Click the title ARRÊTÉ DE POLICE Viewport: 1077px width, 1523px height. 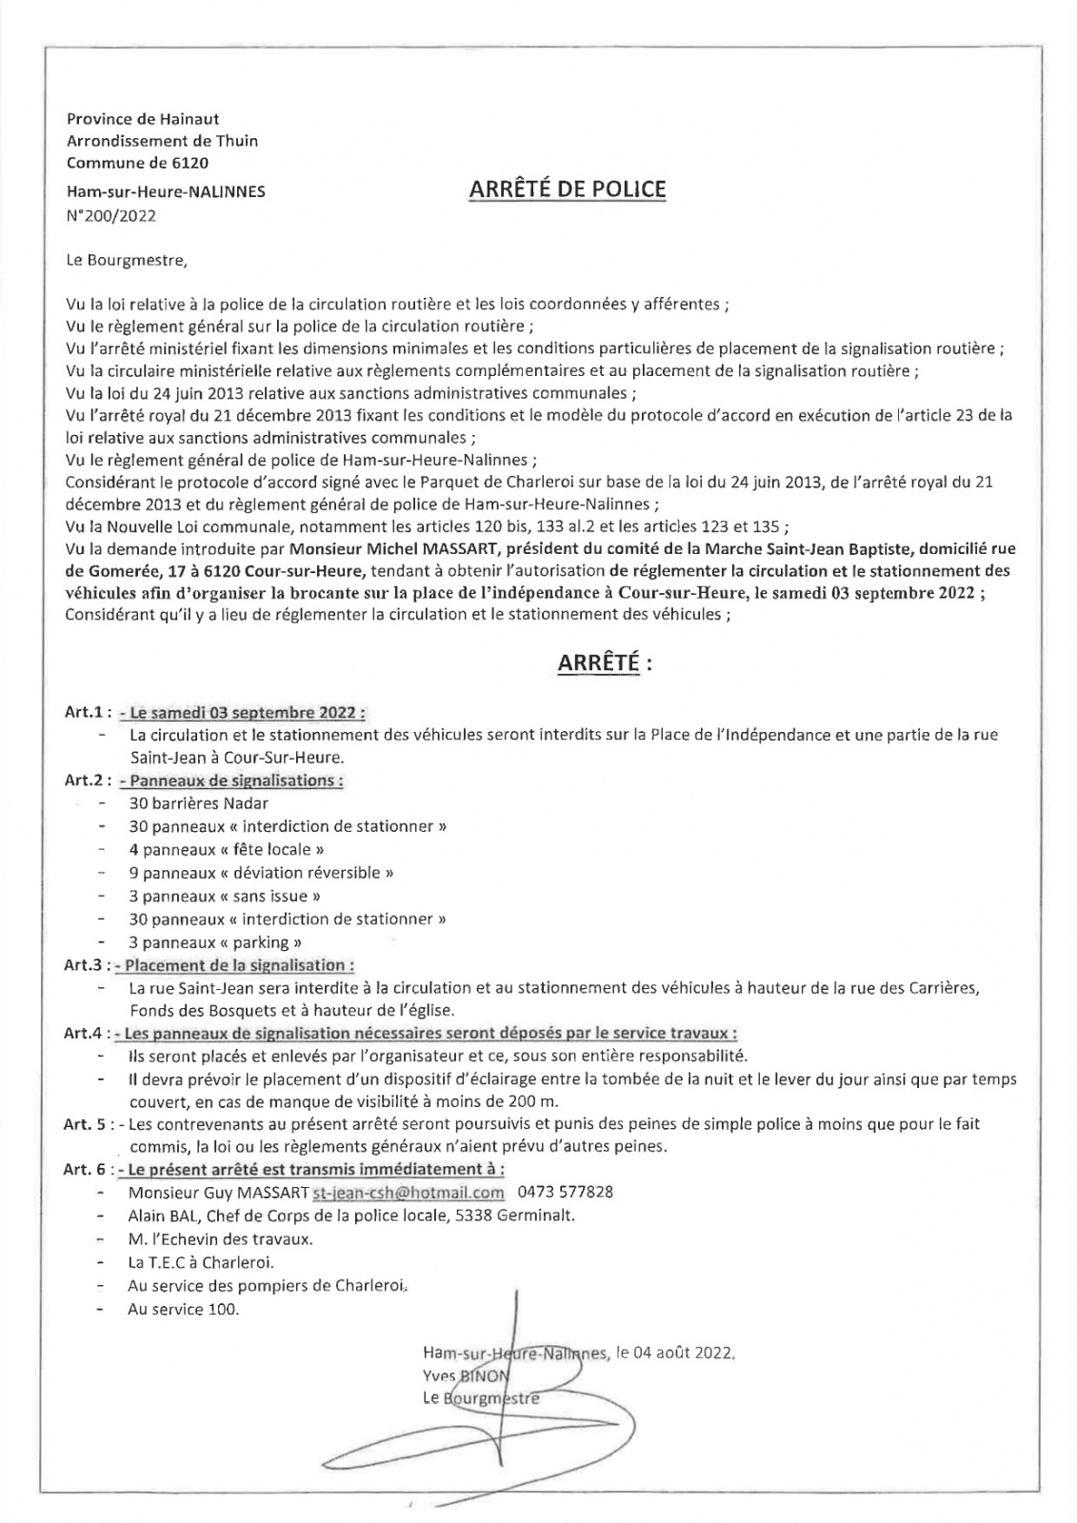pyautogui.click(x=568, y=189)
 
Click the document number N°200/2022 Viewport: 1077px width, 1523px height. pyautogui.click(x=110, y=215)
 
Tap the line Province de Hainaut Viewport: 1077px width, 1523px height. pyautogui.click(x=143, y=119)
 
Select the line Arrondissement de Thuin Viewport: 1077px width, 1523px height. pyautogui.click(x=162, y=141)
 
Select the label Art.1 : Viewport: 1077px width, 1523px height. pyautogui.click(x=89, y=712)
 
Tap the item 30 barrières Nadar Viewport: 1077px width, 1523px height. pyautogui.click(x=198, y=803)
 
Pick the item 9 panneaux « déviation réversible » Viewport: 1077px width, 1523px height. pyautogui.click(x=261, y=872)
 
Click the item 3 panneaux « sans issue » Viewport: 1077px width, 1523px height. pyautogui.click(x=225, y=896)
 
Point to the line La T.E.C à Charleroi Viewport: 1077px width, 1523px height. pyautogui.click(x=201, y=1262)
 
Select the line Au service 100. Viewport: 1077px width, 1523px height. pyautogui.click(x=184, y=1309)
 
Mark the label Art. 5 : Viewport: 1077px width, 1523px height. pyautogui.click(x=90, y=1124)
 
